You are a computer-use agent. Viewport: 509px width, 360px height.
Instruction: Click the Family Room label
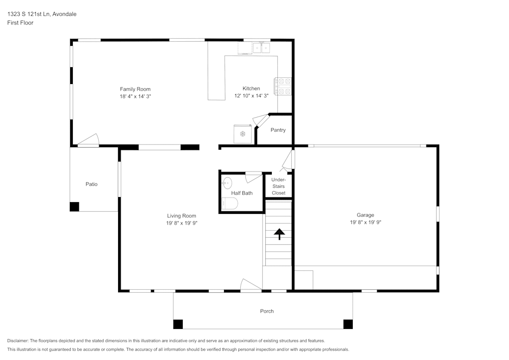coord(135,89)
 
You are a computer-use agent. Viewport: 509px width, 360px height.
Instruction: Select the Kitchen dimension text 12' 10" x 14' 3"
coord(251,96)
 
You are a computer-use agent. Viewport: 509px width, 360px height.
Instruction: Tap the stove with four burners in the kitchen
coord(284,86)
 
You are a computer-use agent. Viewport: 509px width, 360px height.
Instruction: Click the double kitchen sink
coord(262,48)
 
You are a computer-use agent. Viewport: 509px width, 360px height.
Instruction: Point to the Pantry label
coord(278,130)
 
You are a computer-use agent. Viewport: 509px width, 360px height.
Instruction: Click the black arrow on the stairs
coord(278,234)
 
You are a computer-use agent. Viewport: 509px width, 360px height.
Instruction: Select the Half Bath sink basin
coord(227,183)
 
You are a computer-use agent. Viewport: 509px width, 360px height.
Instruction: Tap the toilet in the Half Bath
coord(230,204)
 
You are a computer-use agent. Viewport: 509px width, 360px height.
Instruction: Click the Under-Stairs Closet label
coord(278,186)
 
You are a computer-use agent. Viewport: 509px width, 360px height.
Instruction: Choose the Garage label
coord(365,215)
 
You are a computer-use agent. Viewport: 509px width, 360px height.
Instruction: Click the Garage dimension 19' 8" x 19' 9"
coord(365,222)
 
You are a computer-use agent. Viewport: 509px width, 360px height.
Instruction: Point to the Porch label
coord(267,311)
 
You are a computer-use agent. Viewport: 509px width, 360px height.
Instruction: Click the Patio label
coord(91,184)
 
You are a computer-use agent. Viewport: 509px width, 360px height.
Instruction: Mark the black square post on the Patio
coord(74,207)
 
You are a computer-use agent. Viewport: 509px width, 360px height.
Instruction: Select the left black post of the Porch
coord(178,324)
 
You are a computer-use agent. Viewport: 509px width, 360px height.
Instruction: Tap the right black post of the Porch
coord(348,324)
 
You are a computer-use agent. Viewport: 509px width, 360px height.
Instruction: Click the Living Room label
coord(181,216)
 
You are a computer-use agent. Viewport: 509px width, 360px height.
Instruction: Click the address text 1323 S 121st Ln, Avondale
coord(42,14)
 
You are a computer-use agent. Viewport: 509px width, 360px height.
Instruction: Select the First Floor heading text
coord(20,23)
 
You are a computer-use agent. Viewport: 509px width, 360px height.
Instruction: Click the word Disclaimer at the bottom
coord(18,341)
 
